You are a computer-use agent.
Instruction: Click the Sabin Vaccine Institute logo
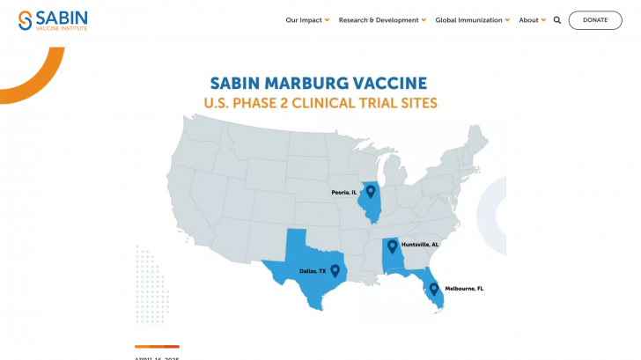pyautogui.click(x=53, y=20)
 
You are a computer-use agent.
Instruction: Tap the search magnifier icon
pyautogui.click(x=557, y=20)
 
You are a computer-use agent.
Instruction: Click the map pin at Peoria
pyautogui.click(x=371, y=190)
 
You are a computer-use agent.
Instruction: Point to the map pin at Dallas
pyautogui.click(x=335, y=269)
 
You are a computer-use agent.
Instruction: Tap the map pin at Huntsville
pyautogui.click(x=392, y=246)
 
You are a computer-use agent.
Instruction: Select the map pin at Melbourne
pyautogui.click(x=434, y=288)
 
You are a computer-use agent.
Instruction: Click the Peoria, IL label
pyautogui.click(x=343, y=192)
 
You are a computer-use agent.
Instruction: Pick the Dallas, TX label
pyautogui.click(x=312, y=272)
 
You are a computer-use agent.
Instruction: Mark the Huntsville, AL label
pyautogui.click(x=420, y=245)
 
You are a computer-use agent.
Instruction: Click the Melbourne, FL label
pyautogui.click(x=464, y=289)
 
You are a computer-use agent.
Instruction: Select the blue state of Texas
pyautogui.click(x=304, y=264)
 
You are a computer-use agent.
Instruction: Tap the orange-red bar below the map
pyautogui.click(x=157, y=346)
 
